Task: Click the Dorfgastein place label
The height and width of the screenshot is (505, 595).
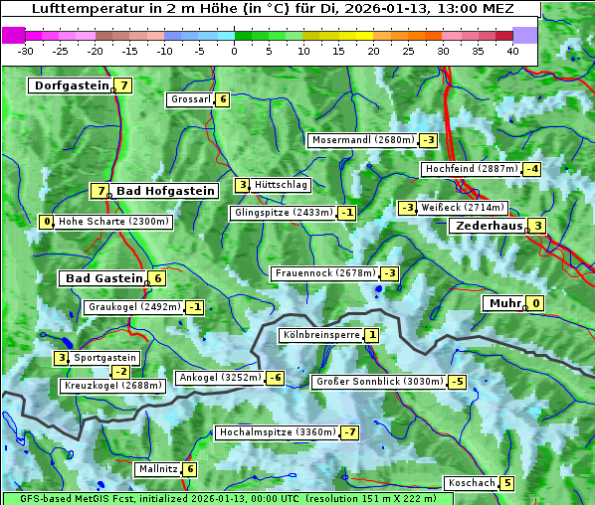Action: [x=71, y=85]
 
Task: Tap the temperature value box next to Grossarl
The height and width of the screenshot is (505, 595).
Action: [x=223, y=99]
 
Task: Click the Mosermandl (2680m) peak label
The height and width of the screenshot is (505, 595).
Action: [x=362, y=140]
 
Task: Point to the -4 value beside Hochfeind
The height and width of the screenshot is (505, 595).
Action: [x=532, y=169]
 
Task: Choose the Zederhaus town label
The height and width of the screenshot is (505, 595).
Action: [x=488, y=227]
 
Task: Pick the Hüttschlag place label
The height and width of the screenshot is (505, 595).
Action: [x=282, y=185]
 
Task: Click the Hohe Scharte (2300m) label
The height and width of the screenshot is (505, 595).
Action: [x=113, y=222]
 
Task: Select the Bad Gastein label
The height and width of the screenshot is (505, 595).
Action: [x=104, y=278]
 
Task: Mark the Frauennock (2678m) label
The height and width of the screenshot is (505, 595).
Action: [x=324, y=273]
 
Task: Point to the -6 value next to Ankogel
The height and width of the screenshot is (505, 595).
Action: [x=275, y=378]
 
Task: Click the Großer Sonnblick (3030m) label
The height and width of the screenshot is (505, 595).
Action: [x=378, y=382]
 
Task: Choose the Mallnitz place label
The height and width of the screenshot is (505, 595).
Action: [x=157, y=469]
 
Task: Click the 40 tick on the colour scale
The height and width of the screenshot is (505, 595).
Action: [x=512, y=51]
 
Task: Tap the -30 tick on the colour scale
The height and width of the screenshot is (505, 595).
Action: [x=26, y=51]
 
